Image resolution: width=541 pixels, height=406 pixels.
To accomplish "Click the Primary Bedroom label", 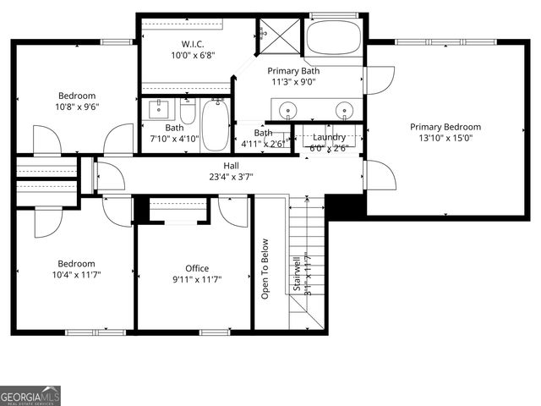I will pos(445,127).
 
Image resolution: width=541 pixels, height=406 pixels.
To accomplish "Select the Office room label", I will pos(197,268).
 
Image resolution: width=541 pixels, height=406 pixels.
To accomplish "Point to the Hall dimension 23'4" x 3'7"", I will pos(231,177).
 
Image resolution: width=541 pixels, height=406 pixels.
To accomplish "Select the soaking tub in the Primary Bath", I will pos(334,38).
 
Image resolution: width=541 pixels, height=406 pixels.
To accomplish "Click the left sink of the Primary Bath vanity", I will pos(288,110).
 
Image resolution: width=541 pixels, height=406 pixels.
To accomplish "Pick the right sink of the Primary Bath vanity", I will pos(344,110).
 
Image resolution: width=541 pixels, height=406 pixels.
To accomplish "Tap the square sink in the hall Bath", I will pos(158,109).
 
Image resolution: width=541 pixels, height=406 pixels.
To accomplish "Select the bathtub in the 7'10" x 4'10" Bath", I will pos(216,124).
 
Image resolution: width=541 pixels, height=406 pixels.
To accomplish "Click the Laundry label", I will pos(329,137).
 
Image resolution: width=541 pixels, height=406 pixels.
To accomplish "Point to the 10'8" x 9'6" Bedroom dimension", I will pos(77,107).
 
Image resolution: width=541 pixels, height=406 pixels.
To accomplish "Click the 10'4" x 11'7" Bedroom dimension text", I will pos(77,275).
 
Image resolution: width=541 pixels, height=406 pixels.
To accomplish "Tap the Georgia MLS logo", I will pos(30,396).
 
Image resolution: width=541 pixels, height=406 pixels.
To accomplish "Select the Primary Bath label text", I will pos(293,71).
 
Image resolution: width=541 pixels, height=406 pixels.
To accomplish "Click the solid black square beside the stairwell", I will pos(344,206).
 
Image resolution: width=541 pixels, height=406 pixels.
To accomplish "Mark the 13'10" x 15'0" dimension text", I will pos(445,138).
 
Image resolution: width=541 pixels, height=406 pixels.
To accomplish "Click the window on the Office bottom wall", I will pos(215,332).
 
